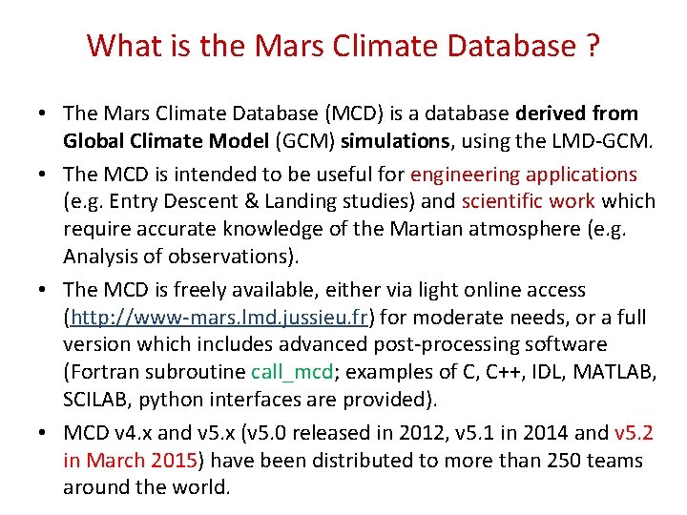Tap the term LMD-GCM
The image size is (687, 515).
600,142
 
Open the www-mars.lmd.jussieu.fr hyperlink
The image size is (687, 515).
219,317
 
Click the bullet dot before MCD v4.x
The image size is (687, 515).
45,433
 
